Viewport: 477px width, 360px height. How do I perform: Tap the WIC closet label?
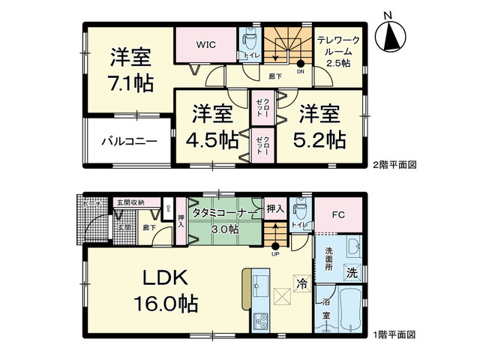coord(207,44)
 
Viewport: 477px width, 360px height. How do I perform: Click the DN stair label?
coord(301,72)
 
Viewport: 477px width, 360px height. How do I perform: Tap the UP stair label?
coord(275,253)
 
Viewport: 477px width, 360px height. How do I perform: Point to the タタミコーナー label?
coord(222,212)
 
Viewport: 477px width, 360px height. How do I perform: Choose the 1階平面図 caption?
coord(395,334)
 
